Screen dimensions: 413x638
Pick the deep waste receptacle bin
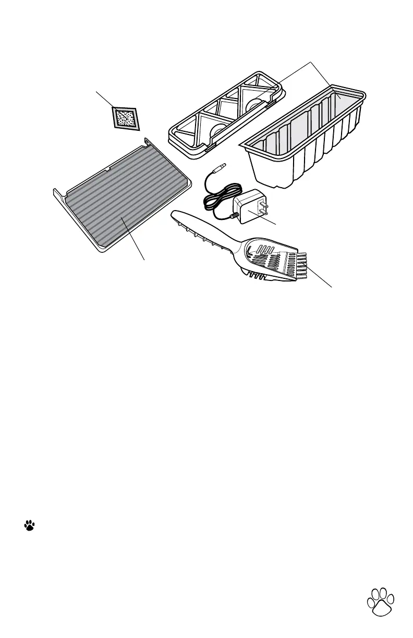click(302, 151)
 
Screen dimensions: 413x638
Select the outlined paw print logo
click(381, 604)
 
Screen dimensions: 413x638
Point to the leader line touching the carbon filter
click(104, 99)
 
